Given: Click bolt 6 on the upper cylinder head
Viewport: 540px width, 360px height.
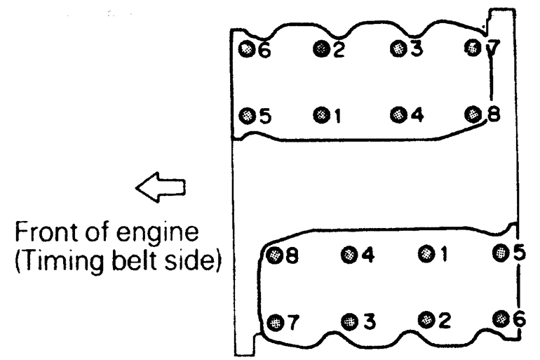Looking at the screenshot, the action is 246,49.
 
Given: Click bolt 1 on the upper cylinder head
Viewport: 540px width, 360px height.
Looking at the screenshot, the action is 320,114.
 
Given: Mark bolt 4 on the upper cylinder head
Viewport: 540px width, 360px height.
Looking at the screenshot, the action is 398,114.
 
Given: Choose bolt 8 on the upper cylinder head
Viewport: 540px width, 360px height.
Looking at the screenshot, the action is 475,114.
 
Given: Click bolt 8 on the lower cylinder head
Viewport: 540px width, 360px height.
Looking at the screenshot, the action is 275,255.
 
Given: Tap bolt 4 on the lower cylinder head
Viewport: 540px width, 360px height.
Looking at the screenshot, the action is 349,254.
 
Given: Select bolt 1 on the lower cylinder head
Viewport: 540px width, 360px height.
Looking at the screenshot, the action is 424,253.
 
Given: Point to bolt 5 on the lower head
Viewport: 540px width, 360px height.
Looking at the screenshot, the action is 500,253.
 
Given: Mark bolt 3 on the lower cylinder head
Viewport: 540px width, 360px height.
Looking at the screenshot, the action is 349,321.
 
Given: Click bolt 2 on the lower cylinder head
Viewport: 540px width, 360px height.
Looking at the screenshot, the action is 425,319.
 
